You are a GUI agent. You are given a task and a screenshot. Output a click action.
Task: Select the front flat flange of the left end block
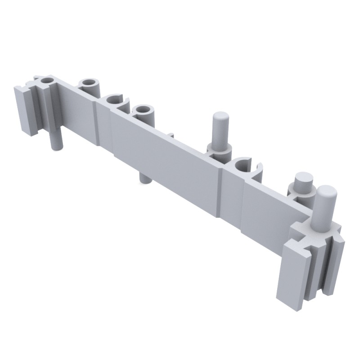pos(23,110)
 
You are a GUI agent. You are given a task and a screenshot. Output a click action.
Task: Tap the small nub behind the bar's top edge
pos(171,134)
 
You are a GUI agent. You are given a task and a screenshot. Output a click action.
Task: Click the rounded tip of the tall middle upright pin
pos(220,117)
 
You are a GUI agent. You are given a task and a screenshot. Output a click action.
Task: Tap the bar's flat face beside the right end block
pos(265,211)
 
